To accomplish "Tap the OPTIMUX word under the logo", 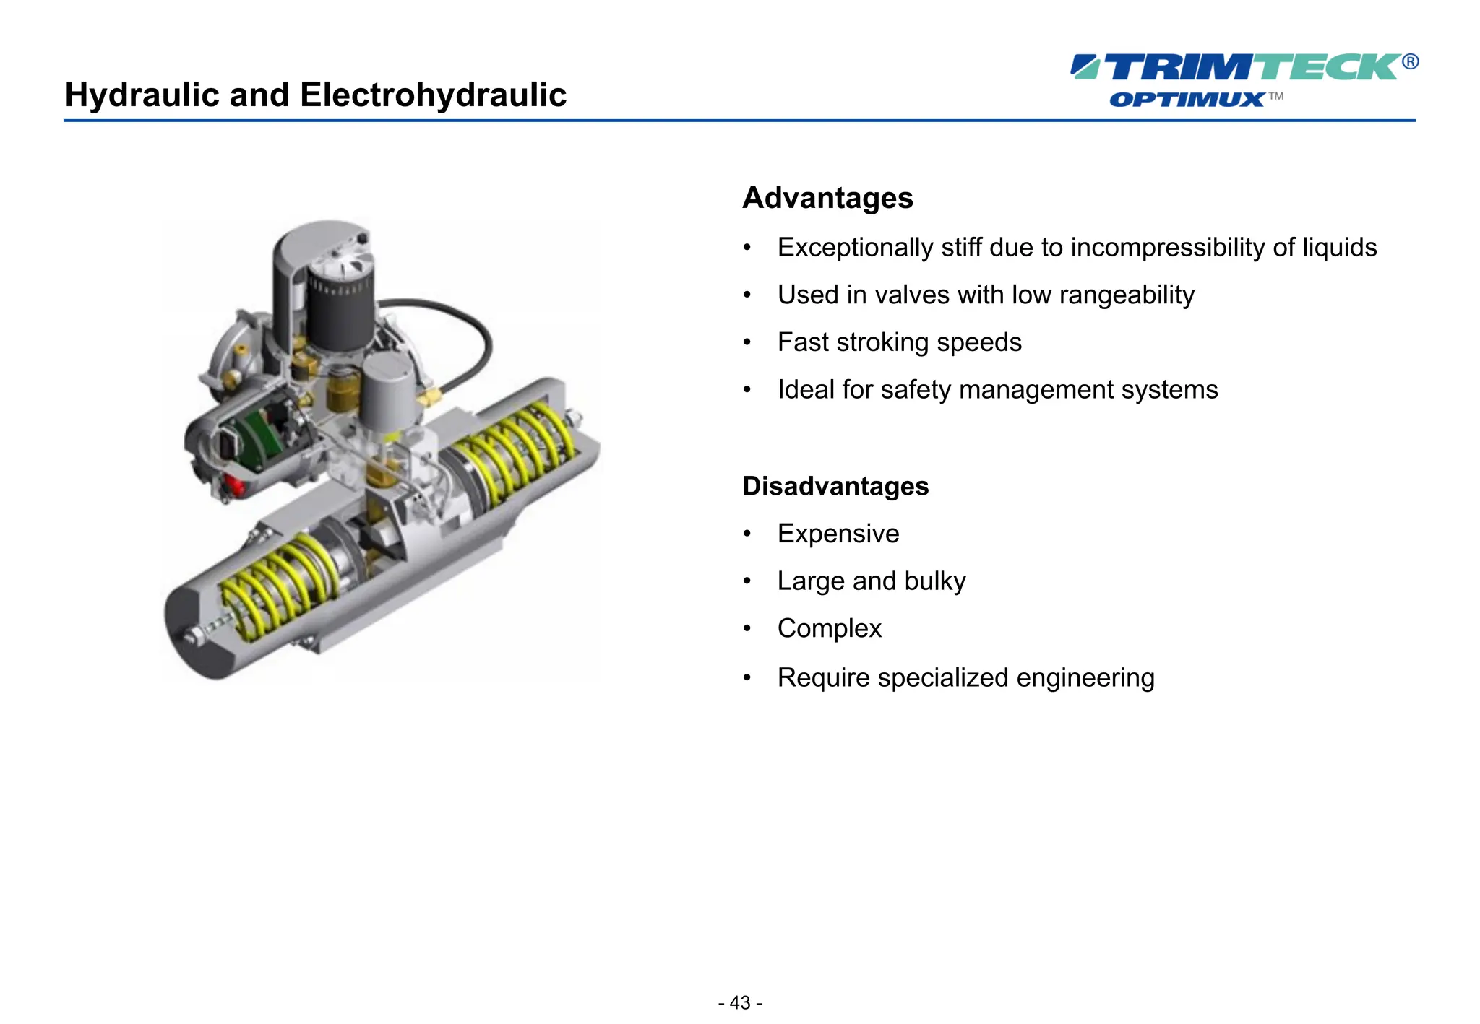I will coord(1187,100).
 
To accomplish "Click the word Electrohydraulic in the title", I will coord(433,95).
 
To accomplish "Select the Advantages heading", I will coord(827,198).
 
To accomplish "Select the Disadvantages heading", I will coord(835,486).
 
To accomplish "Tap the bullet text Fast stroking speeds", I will coord(899,342).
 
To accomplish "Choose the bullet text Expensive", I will coord(838,534).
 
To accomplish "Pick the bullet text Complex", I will coord(829,628).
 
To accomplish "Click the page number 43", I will coord(740,1002).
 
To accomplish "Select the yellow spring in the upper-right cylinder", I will coord(513,451).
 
